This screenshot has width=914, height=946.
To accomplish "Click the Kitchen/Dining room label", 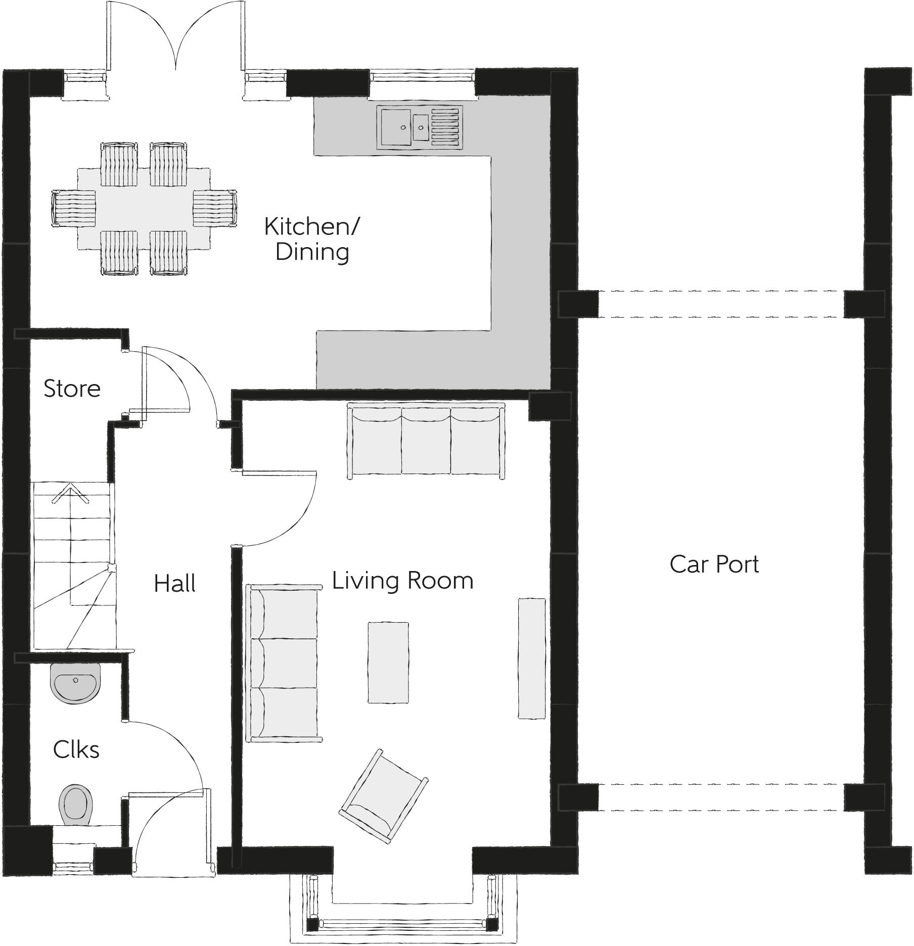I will [x=311, y=239].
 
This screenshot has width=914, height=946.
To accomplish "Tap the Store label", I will [x=72, y=389].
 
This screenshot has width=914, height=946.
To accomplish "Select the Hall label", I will [x=174, y=583].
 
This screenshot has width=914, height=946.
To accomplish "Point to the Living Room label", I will [x=402, y=580].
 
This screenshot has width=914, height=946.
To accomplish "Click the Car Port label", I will [x=714, y=564].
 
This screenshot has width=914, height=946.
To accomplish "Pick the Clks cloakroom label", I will [x=76, y=749].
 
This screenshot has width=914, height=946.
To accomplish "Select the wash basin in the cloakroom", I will [x=76, y=682].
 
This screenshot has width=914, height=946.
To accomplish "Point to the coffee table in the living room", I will [x=388, y=663].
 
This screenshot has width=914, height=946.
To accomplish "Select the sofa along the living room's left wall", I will [x=283, y=663].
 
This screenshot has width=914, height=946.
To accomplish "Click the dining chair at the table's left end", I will [x=74, y=209].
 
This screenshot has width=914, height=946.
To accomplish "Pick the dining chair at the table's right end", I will [x=215, y=208].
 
